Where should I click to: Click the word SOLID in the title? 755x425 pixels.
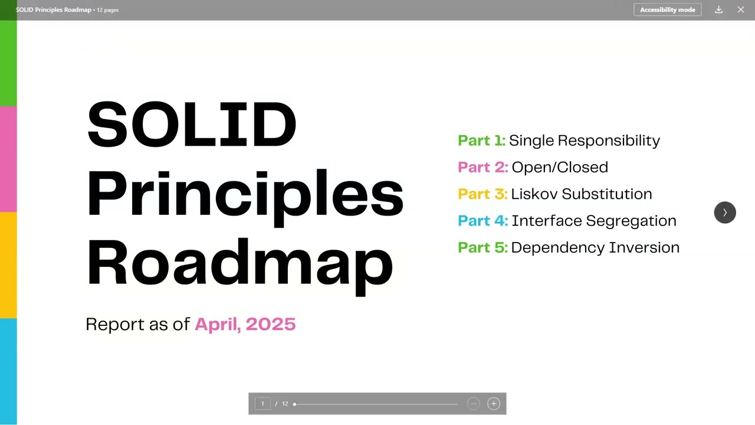[x=192, y=125]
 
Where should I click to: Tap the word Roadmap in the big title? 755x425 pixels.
[x=239, y=263]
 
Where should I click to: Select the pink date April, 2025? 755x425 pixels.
[x=245, y=324]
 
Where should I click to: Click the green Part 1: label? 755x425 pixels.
[x=481, y=140]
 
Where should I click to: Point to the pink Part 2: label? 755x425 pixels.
[x=482, y=167]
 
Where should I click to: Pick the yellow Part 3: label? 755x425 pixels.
[x=482, y=194]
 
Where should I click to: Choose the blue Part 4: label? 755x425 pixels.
[x=482, y=221]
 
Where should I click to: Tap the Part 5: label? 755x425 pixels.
[x=482, y=247]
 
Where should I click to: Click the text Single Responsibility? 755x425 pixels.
[x=584, y=140]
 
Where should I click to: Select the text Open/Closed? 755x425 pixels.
[x=560, y=167]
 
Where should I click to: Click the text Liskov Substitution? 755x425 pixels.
[x=581, y=194]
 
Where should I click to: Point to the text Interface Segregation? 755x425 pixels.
[x=593, y=221]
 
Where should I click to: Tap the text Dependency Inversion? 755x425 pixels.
[x=595, y=247]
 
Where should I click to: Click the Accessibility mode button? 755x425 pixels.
[x=667, y=10]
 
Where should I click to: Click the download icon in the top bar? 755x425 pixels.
[x=718, y=10]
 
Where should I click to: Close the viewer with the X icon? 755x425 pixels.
[x=741, y=10]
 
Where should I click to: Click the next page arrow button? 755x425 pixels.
[x=725, y=212]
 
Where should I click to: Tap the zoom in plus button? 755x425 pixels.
[x=494, y=404]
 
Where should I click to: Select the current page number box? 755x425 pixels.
[x=263, y=404]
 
